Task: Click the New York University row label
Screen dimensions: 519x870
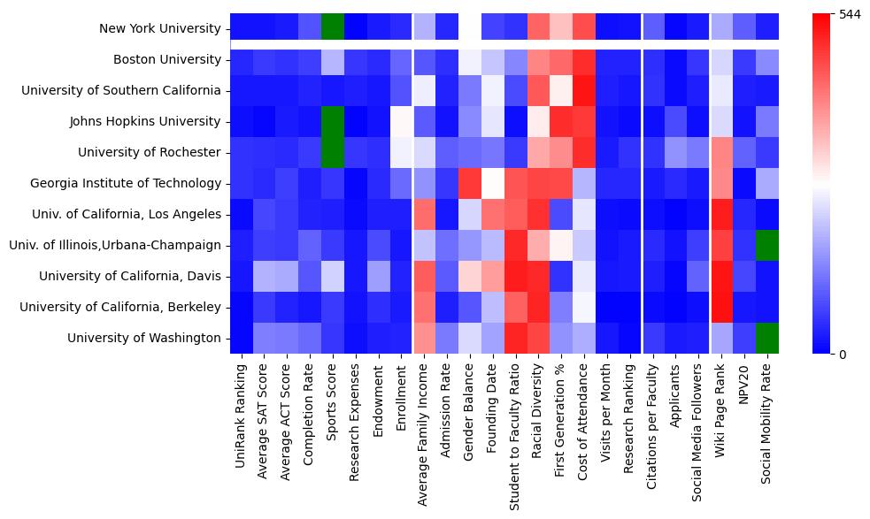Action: [160, 28]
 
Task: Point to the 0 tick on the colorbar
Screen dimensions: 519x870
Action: [843, 355]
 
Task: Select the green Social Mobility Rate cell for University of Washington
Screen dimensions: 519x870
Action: [767, 338]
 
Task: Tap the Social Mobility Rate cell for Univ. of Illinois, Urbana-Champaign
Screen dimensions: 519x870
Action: [767, 245]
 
